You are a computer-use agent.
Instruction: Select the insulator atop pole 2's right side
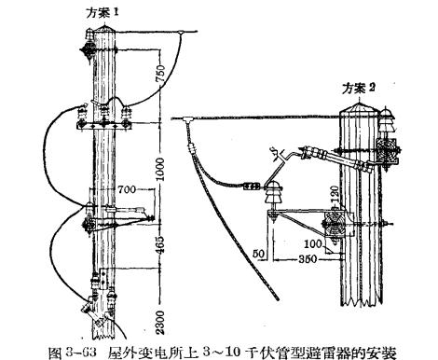(x=385, y=118)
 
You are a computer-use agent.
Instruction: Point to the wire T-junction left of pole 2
(x=188, y=119)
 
